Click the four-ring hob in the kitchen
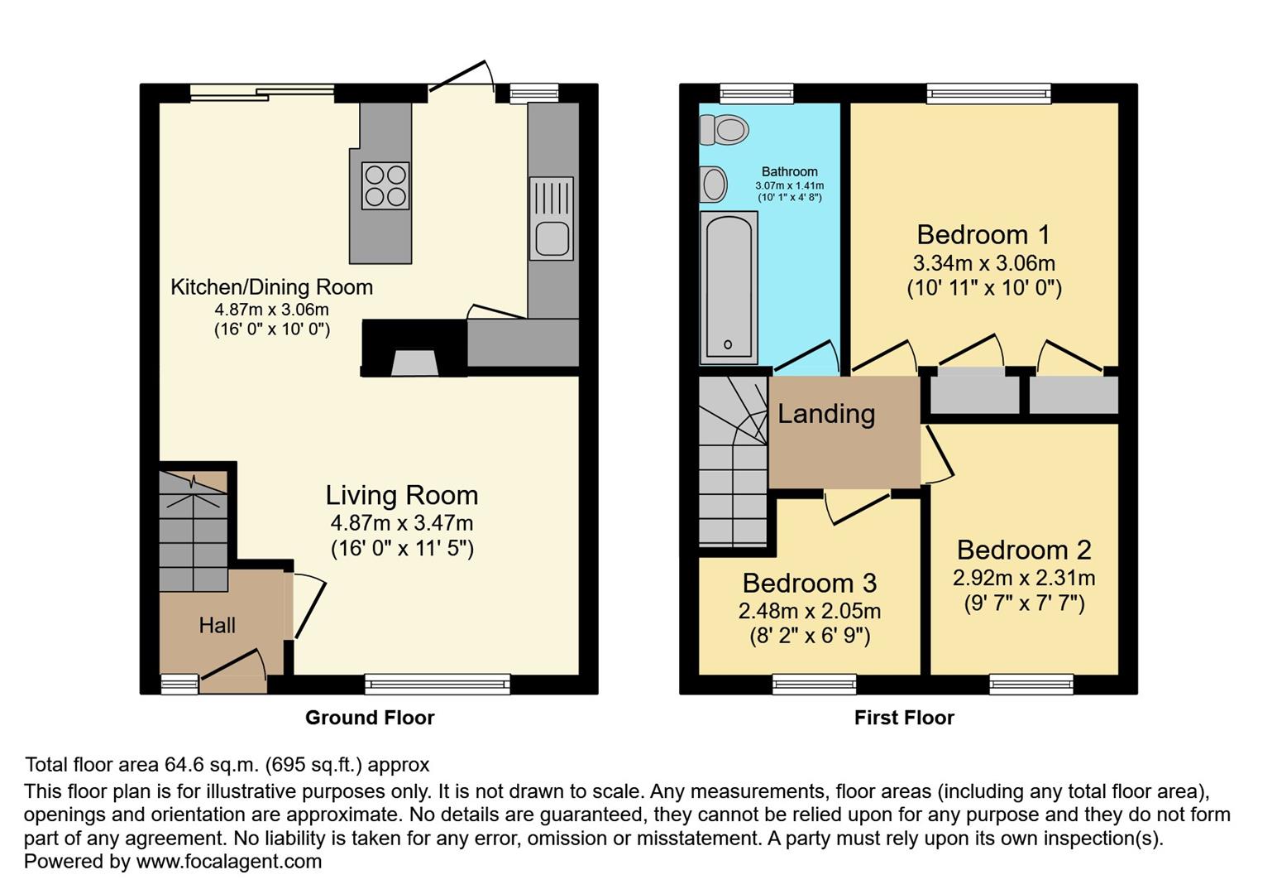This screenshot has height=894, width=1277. pos(385,185)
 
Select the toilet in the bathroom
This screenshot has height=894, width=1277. pos(724,130)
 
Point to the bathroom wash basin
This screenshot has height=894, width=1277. pos(713,185)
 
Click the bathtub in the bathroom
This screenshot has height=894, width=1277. pos(729,287)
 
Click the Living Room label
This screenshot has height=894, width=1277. pos(401,495)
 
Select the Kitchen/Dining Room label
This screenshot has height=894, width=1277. pos(271,287)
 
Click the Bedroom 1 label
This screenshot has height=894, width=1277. pos(983,234)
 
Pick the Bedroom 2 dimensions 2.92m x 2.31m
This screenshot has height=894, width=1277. pos(1024,578)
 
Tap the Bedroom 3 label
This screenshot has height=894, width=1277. pos(809,583)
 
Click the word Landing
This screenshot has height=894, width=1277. pos(826,413)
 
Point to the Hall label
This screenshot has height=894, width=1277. pos(217,625)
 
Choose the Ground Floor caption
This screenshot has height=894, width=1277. pos(370,718)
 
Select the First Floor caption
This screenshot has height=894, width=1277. pos(904,718)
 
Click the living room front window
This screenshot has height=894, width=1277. pos(438,684)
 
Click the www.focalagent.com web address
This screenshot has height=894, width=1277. pos(229,861)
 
